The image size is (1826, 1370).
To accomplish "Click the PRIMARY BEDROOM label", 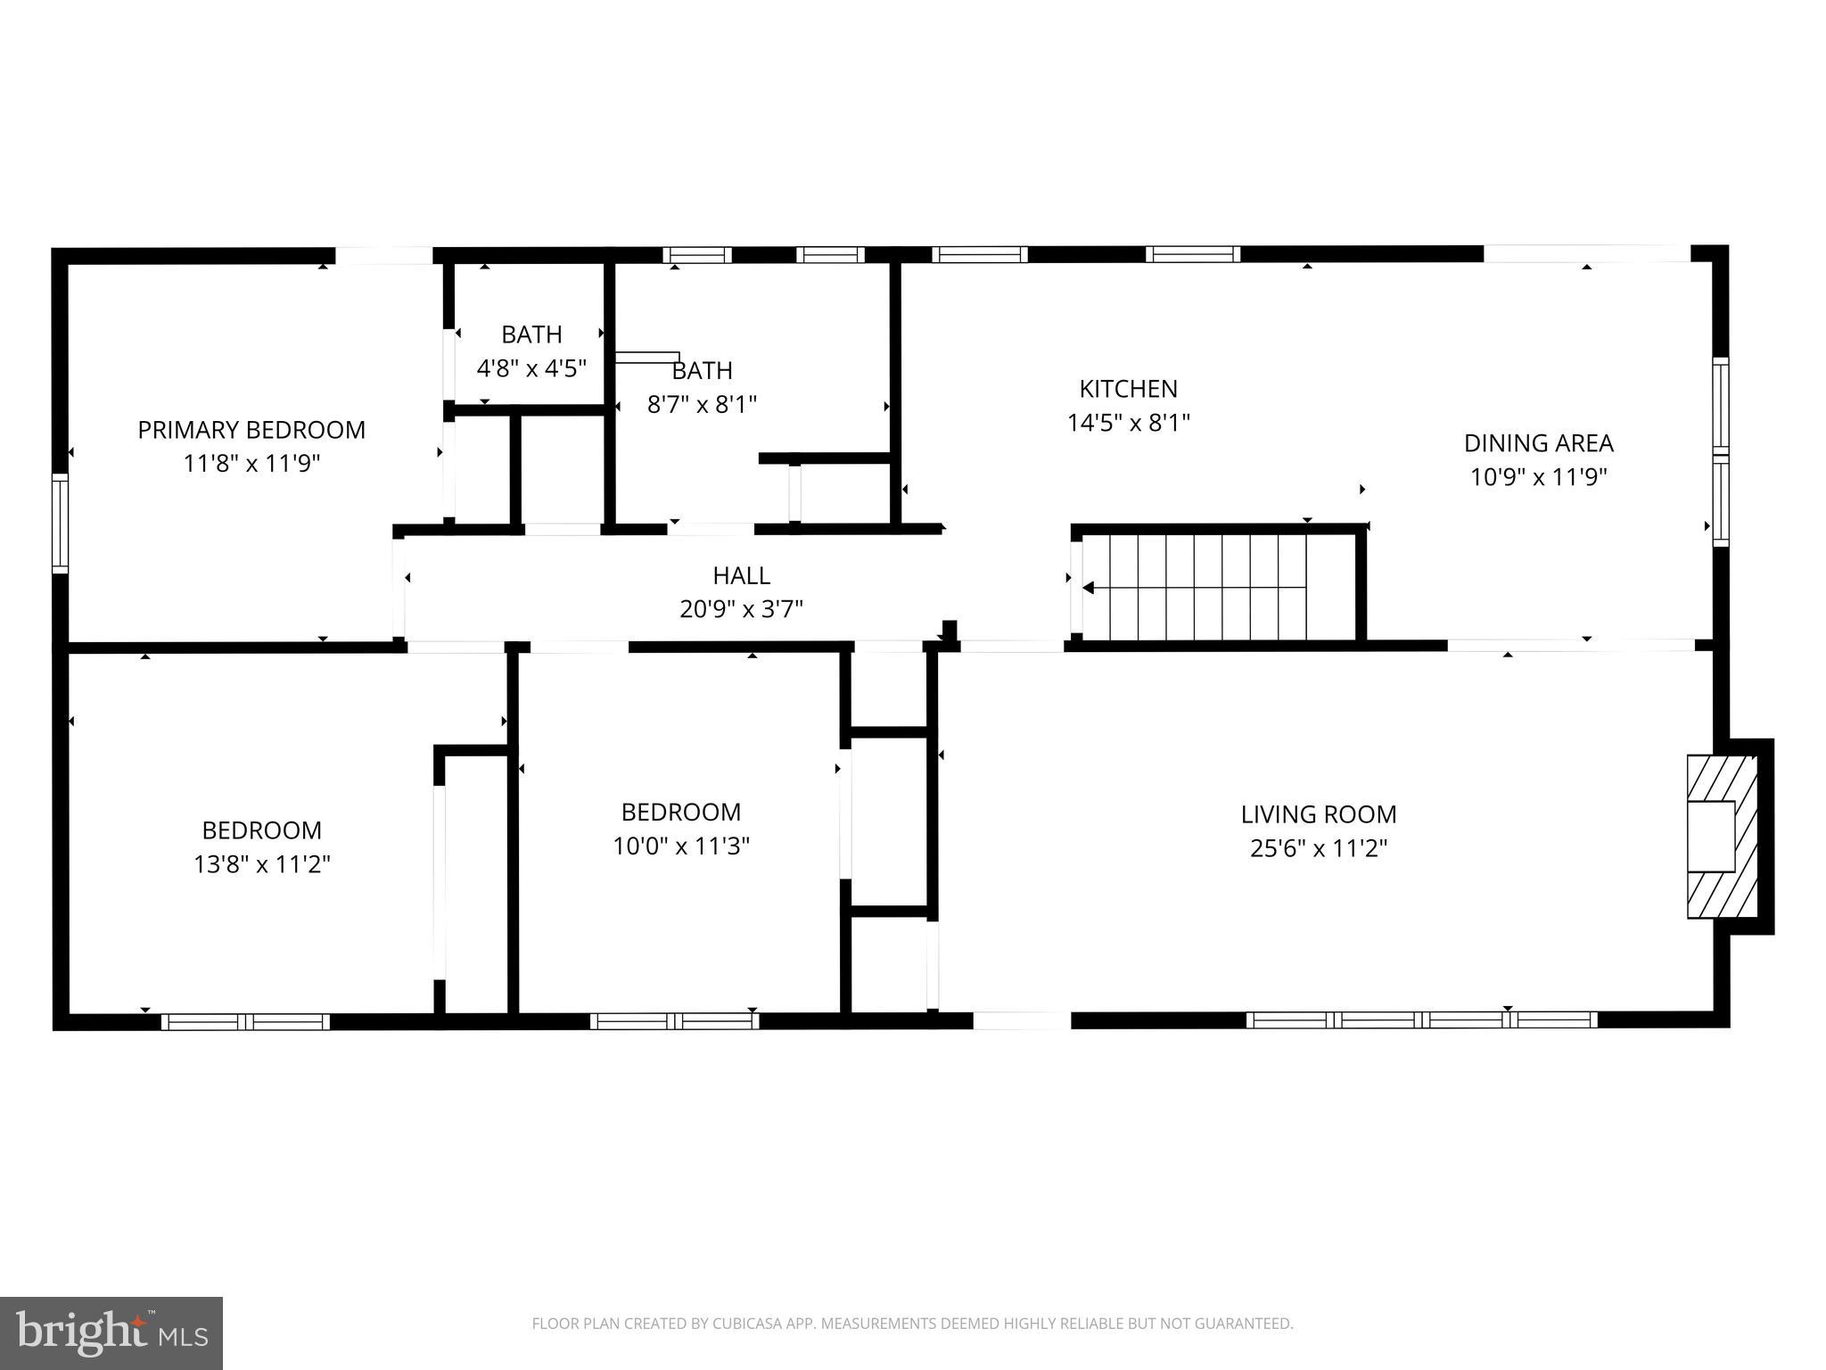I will [x=251, y=430].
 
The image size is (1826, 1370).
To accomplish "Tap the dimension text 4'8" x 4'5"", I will [x=531, y=368].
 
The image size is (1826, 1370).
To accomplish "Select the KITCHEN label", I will [x=1128, y=389].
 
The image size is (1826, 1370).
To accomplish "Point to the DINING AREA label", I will [x=1538, y=443].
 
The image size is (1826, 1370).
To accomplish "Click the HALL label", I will [x=741, y=575].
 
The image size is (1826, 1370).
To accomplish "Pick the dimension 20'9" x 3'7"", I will [x=741, y=609].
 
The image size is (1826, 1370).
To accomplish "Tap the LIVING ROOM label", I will [x=1318, y=814].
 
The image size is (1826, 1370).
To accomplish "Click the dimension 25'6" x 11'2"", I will [x=1318, y=848].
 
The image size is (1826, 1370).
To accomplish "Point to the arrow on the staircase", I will [x=1090, y=587].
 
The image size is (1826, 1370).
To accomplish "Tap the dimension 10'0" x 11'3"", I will [x=680, y=846].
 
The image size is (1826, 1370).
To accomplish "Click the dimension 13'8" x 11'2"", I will [x=261, y=864].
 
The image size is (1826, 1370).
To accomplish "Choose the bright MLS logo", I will [x=111, y=1333].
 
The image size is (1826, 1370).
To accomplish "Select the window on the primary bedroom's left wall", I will [x=60, y=523].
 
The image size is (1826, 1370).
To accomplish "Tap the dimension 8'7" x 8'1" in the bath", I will [x=701, y=405].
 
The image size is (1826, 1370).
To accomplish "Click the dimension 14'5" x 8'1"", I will [x=1128, y=423].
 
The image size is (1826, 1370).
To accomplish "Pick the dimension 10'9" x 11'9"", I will [x=1538, y=477].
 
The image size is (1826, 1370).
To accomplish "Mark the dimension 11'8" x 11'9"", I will [x=251, y=464].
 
